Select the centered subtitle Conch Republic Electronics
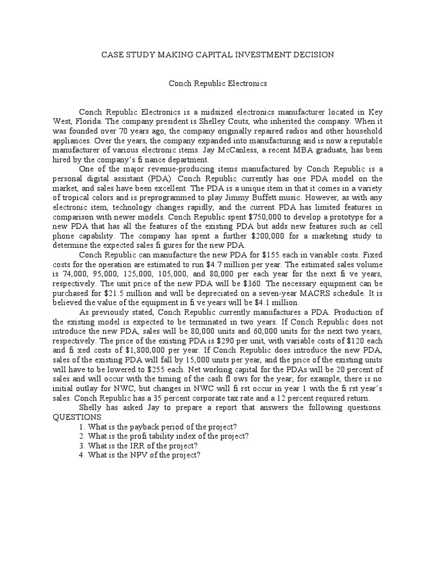218,83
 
